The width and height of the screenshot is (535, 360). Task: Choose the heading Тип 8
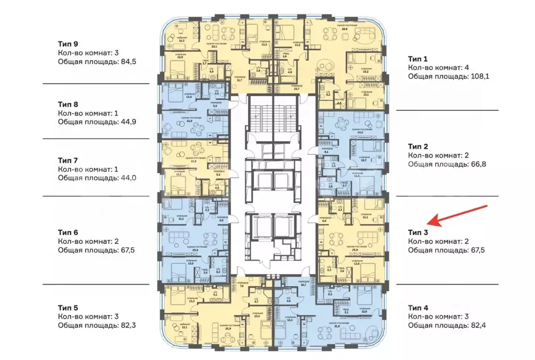[x=68, y=103]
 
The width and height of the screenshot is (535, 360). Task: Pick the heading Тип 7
[x=68, y=160]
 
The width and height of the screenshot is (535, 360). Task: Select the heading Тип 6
[x=68, y=232]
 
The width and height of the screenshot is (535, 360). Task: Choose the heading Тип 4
[x=418, y=307]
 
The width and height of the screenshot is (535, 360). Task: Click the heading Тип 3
[x=418, y=232]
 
